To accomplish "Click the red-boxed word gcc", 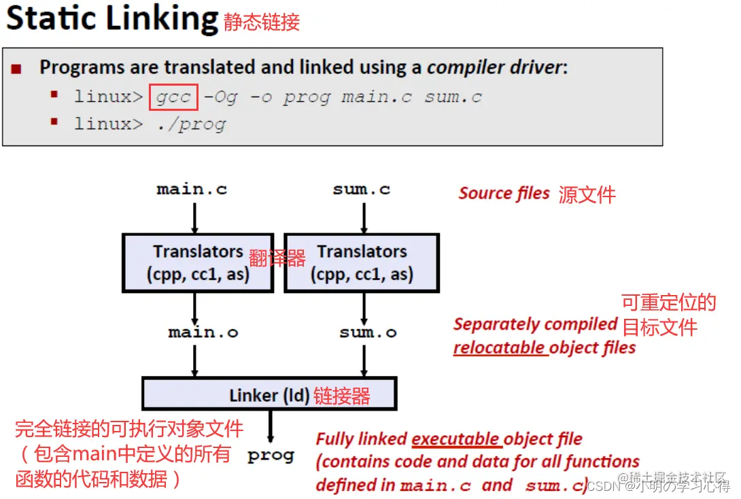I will pyautogui.click(x=173, y=97).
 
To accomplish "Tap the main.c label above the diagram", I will pyautogui.click(x=192, y=190).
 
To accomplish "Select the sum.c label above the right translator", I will pyautogui.click(x=362, y=190).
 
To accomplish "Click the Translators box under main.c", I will pyautogui.click(x=198, y=263).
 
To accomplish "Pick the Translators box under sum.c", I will pyautogui.click(x=362, y=263).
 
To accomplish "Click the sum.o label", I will pyautogui.click(x=368, y=333).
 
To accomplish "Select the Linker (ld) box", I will pyautogui.click(x=269, y=394).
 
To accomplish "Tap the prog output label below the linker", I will pyautogui.click(x=271, y=455).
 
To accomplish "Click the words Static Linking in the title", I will pyautogui.click(x=111, y=18).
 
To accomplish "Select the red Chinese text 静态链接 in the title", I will pyautogui.click(x=262, y=22).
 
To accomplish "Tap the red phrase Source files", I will pyautogui.click(x=504, y=194).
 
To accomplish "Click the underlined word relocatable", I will pyautogui.click(x=499, y=348).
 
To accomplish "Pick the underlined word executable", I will pyautogui.click(x=455, y=439).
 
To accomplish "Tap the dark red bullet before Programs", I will pyautogui.click(x=17, y=69).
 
